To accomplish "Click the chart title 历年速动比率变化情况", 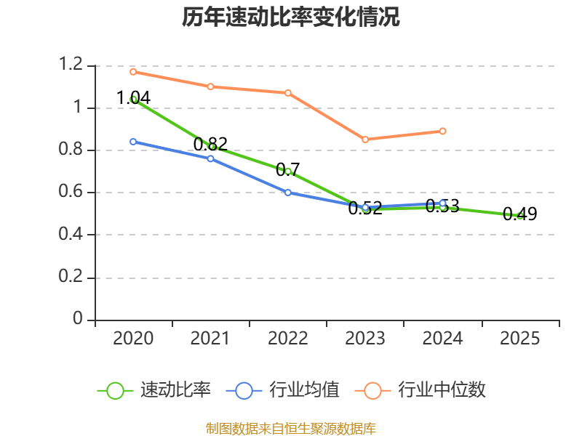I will pos(291,17).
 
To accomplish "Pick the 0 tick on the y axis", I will pos(79,320).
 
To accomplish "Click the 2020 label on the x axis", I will pos(133,339).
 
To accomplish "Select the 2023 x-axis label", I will pos(364,339).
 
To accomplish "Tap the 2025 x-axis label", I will pos(519,339).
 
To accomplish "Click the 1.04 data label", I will pos(133,97).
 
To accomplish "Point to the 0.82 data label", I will pos(210,144).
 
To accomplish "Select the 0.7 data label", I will pos(287,170).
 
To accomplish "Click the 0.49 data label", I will pos(519,214).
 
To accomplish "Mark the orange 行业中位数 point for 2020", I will pos(133,72).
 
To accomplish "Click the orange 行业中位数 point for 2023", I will pos(365,140).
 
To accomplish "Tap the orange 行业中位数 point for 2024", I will pos(442,132).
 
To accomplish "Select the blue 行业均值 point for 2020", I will pos(133,142).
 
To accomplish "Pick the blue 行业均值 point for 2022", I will pos(288,193).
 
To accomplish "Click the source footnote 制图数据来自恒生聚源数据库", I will pos(291,428).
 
